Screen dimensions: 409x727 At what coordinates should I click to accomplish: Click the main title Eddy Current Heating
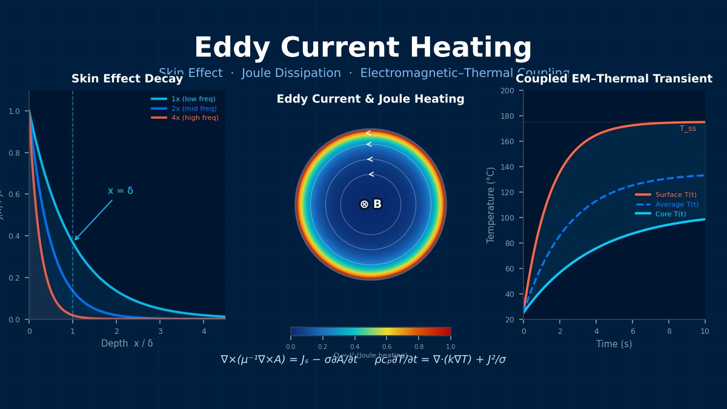pos(362,48)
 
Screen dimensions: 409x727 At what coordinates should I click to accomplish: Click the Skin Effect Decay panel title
pos(127,79)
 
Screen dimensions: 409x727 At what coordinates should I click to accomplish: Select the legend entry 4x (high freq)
pos(194,118)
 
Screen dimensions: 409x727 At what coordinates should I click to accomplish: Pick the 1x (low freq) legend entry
pos(193,99)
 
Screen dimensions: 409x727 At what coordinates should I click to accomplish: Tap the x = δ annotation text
pos(121,191)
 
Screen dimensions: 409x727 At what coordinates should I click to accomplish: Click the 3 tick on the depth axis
pos(160,331)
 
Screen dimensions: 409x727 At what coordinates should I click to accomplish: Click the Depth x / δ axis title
pos(127,344)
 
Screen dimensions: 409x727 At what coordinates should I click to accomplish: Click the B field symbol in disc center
pos(371,204)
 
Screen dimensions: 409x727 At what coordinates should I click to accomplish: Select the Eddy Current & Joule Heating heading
pos(370,99)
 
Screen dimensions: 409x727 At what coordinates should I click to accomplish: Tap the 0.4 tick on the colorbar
pos(354,347)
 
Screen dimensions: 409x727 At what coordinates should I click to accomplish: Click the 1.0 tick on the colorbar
pos(450,347)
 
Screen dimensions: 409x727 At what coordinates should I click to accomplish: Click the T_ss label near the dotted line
pos(688,128)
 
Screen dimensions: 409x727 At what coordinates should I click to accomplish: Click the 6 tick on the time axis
pos(632,331)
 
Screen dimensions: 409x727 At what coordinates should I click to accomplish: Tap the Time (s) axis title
pos(614,344)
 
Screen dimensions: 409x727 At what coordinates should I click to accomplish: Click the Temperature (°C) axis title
pos(491,205)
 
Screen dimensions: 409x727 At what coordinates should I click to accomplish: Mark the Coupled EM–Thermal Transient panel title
pos(614,79)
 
